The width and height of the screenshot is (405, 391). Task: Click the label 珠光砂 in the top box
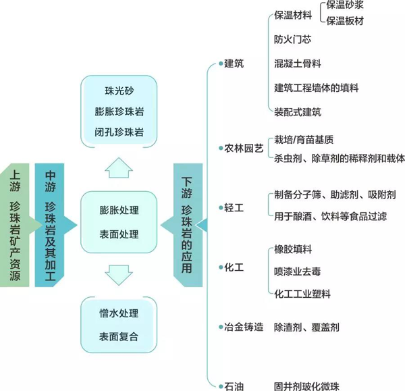point(119,90)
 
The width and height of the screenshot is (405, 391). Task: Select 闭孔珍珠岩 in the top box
point(119,132)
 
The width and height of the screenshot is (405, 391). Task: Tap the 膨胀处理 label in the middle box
point(119,210)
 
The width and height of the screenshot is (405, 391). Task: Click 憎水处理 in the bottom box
point(119,313)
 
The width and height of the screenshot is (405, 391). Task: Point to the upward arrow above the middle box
point(119,168)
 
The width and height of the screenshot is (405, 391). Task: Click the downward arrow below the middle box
point(119,275)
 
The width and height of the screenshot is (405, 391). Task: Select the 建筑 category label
point(234,63)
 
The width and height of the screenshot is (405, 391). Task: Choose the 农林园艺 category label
point(244,149)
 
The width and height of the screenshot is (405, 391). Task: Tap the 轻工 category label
point(234,207)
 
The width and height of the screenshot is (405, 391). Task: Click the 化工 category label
point(234,267)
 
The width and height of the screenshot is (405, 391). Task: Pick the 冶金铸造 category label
point(244,327)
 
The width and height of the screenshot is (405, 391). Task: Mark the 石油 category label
point(234,386)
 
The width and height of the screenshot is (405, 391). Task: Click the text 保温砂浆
point(345,5)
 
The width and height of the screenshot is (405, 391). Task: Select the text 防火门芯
point(293,40)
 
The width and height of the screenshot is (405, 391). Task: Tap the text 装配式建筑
point(298,112)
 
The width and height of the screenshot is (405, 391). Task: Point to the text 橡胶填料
point(293,250)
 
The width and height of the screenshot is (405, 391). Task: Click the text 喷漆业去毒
point(298,271)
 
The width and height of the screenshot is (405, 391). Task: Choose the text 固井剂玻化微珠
point(306,386)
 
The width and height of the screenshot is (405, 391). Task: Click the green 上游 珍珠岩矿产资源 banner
point(16,225)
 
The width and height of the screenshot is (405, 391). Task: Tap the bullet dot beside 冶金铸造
point(221,327)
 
